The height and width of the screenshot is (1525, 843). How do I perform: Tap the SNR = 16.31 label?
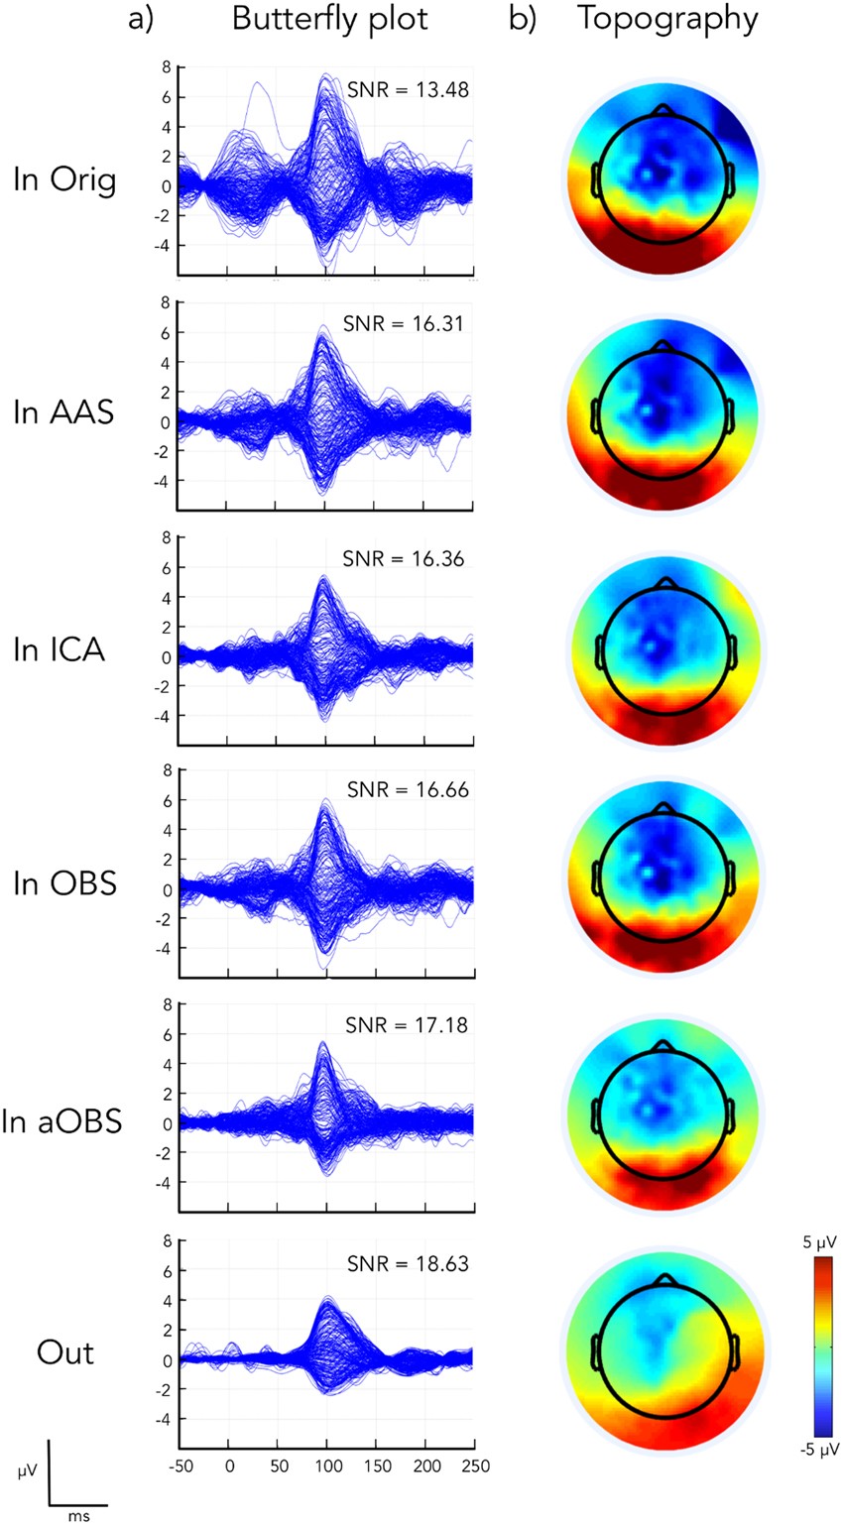(x=402, y=323)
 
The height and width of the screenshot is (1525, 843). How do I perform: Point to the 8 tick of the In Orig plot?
(x=167, y=67)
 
